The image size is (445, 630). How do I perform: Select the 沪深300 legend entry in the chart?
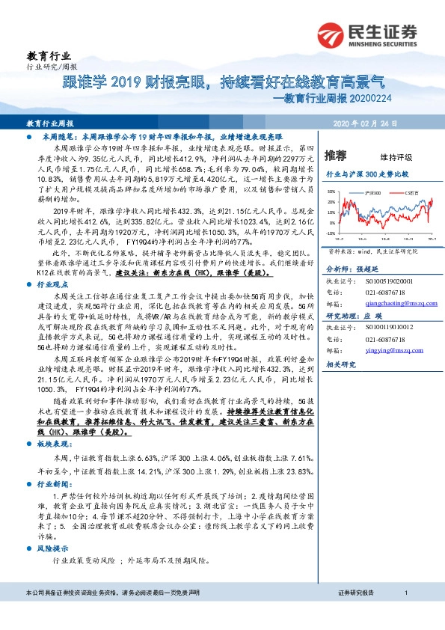373,193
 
